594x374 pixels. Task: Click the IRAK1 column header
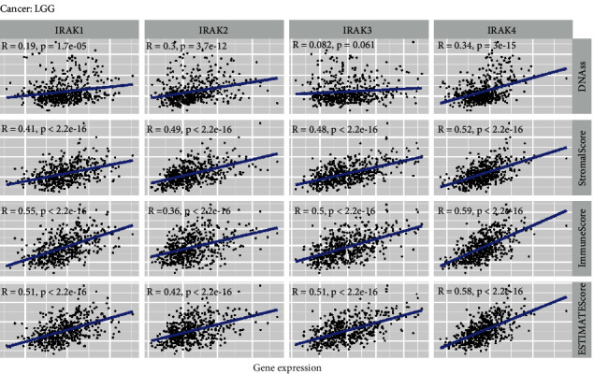click(x=72, y=29)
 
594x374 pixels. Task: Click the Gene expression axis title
click(x=287, y=367)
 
